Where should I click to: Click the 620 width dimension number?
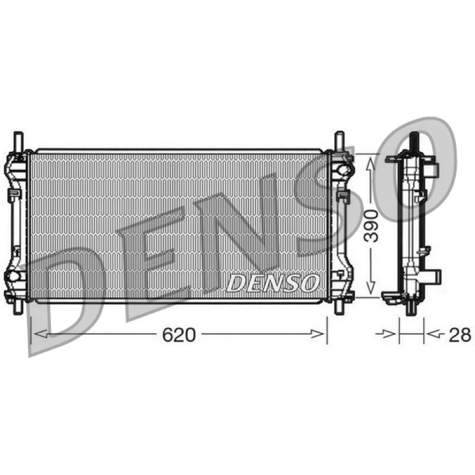pyautogui.click(x=179, y=335)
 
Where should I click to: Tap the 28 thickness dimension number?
pyautogui.click(x=460, y=335)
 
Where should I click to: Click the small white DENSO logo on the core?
pyautogui.click(x=273, y=283)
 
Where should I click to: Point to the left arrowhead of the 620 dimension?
pyautogui.click(x=41, y=334)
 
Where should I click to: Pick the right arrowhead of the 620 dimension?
pyautogui.click(x=318, y=334)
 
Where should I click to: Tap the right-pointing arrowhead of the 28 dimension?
pyautogui.click(x=389, y=334)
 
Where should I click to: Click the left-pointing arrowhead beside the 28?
pyautogui.click(x=433, y=334)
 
